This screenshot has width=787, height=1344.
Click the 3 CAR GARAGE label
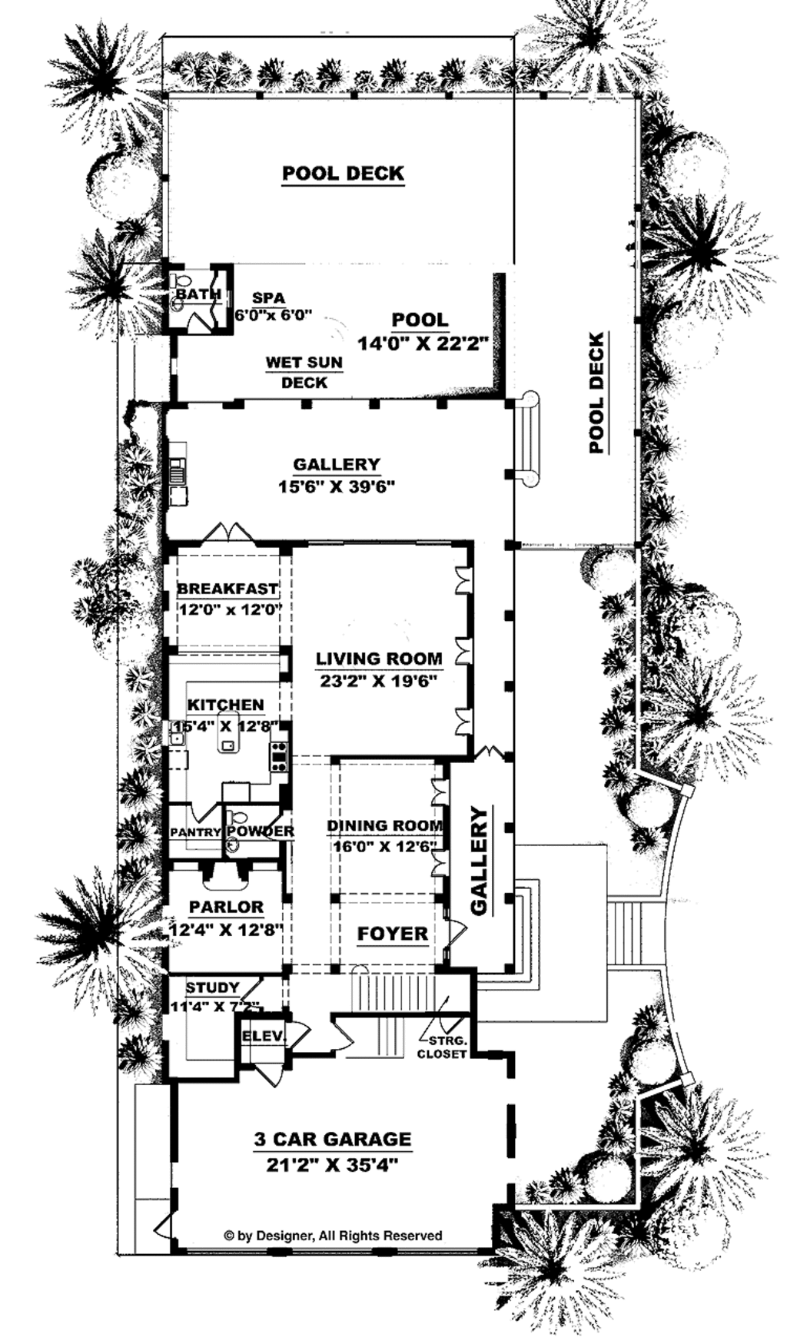point(333,1138)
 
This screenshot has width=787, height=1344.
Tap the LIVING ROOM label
point(379,658)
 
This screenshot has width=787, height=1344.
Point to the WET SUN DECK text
point(304,372)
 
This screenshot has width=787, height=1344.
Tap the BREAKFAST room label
point(227,589)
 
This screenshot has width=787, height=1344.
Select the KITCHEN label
point(226,704)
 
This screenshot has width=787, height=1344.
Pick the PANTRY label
point(195,831)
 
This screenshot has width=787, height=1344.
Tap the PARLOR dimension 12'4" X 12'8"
point(227,929)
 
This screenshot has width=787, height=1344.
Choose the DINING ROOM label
point(385,825)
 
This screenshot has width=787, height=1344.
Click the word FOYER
point(392,933)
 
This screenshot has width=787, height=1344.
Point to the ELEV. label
point(264,1036)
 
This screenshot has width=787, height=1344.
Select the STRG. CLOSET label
point(442,1047)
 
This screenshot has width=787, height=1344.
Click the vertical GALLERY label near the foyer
point(479,860)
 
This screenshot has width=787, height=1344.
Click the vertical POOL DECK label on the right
point(596,392)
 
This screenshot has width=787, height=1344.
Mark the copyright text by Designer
point(333,1236)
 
